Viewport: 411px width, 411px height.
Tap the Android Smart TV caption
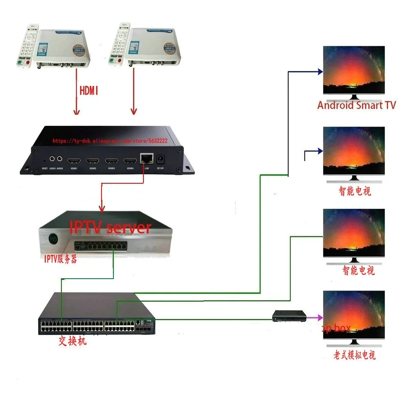click(356, 105)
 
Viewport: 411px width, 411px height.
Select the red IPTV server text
click(110, 227)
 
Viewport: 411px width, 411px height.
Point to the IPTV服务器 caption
click(60, 260)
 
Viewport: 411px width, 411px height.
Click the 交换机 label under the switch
click(72, 341)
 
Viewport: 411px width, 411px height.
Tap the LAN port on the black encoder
click(145, 159)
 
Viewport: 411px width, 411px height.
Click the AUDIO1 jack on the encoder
click(53, 158)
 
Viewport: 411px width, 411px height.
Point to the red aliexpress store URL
click(110, 141)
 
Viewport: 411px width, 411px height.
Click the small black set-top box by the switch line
click(290, 316)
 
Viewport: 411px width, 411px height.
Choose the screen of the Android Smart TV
click(354, 70)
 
